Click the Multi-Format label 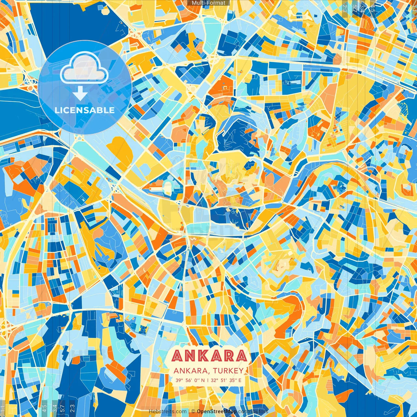[x=208, y=3]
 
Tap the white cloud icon [x=84, y=68]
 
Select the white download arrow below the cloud [x=80, y=94]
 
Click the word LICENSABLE [x=85, y=110]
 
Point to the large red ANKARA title [x=209, y=356]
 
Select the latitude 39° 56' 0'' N [x=190, y=380]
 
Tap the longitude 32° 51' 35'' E [x=227, y=380]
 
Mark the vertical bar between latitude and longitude [x=208, y=380]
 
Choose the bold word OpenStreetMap [x=216, y=412]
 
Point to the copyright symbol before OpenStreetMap [x=193, y=412]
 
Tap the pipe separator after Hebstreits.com [x=189, y=412]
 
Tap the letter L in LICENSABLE [x=57, y=110]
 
